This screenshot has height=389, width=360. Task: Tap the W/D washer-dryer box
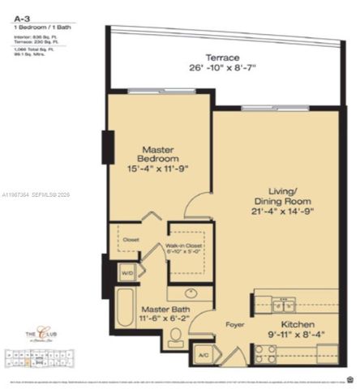point(126,273)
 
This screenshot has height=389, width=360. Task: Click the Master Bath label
point(167,310)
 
